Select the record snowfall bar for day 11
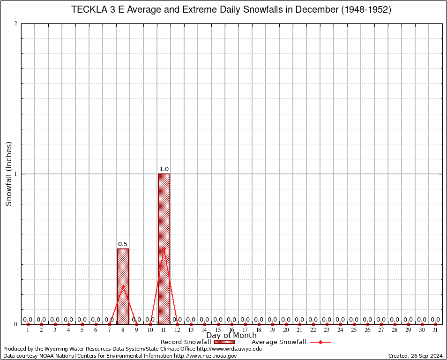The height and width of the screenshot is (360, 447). (x=164, y=248)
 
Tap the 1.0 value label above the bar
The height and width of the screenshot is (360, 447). (x=164, y=169)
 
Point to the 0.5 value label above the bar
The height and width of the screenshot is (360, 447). (x=123, y=244)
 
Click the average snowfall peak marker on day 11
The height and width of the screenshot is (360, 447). (x=164, y=248)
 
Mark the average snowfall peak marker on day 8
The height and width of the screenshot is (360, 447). (x=123, y=286)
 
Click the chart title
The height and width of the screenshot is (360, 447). (x=231, y=10)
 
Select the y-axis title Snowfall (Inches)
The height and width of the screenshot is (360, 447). (x=8, y=174)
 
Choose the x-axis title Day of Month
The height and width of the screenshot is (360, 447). (x=231, y=336)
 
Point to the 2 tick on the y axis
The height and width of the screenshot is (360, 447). (x=16, y=24)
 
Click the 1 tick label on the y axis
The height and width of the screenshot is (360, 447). (x=16, y=174)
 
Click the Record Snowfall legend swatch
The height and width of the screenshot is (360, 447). (x=223, y=342)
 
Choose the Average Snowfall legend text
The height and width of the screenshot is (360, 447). (x=279, y=342)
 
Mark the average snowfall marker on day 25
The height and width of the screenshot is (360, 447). (x=354, y=324)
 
